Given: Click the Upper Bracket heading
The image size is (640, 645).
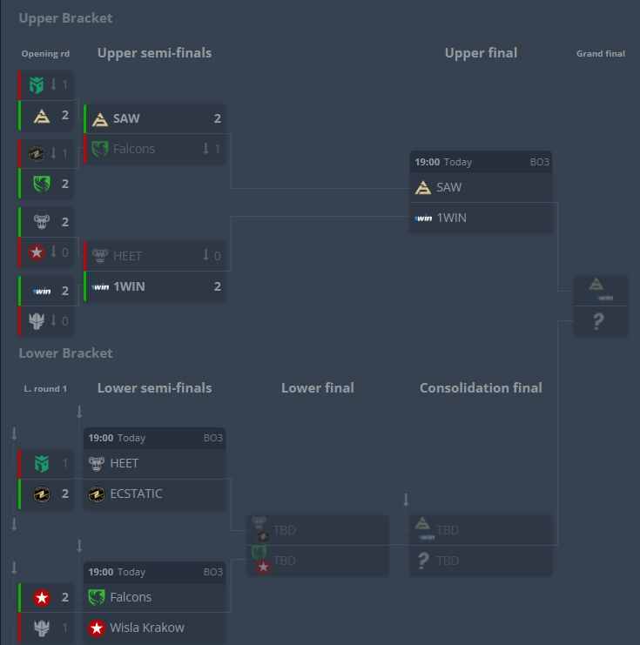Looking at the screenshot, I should pos(65,18).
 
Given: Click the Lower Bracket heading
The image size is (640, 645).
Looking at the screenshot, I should pos(65,353).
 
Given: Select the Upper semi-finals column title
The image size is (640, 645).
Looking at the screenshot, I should pos(154,53).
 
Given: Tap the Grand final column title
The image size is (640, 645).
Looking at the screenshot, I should pos(601,54).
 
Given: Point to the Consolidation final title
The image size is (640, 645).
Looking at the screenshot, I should pos(481,388).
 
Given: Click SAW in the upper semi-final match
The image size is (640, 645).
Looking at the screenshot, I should pos(126,118).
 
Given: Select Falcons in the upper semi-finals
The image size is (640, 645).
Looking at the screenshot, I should pos(133,149).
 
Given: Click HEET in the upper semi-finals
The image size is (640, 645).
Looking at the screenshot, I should pos(127,256).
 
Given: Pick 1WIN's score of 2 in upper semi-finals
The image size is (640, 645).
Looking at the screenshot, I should pos(217,286).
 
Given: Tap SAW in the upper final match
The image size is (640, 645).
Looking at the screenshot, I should pos(449,187).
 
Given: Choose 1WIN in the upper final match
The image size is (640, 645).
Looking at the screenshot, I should pos(451,218).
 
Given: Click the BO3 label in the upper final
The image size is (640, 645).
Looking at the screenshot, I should pos(540,163).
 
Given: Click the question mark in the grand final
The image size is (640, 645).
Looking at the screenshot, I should pos(598,323).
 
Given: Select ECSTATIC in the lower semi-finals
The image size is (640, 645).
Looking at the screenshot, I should pos(136,494).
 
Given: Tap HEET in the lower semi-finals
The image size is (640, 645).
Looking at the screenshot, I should pos(124,463).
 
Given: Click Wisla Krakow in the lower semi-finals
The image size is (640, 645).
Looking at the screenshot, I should pos(147,628).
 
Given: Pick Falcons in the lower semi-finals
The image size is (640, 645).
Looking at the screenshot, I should pos(131,597).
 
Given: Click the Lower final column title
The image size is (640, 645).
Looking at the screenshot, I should pos(317,388).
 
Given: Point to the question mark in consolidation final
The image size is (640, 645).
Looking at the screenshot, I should pos(423,561).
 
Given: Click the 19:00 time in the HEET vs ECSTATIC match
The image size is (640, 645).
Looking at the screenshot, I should pos(100,438).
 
